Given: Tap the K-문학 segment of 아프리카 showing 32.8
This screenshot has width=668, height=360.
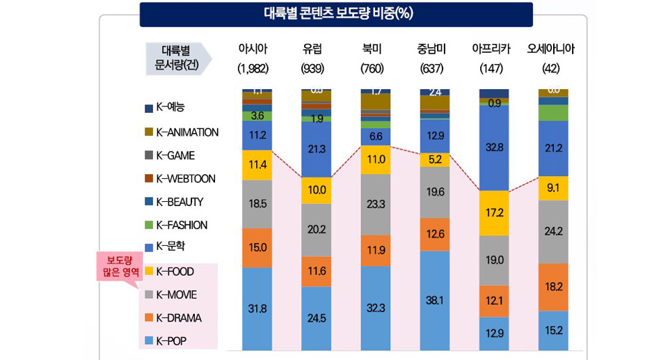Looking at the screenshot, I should pos(494,147).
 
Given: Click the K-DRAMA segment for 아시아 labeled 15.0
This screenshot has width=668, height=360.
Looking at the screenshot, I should pos(257,247).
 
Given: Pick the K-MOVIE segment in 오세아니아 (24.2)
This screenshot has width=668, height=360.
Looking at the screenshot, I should pos(554,231).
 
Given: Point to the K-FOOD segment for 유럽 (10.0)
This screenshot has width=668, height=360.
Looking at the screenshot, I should pos(317,190).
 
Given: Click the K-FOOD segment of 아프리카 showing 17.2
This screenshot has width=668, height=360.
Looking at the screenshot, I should pos(494,212).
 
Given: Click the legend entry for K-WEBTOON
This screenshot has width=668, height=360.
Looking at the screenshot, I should pos(186,179).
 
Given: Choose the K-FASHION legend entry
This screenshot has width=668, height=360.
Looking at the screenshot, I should pos(182,226).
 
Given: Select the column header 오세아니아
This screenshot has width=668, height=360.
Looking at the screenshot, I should pos(555,49).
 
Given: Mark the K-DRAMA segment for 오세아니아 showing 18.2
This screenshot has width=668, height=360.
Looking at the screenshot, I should pos(554,286).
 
